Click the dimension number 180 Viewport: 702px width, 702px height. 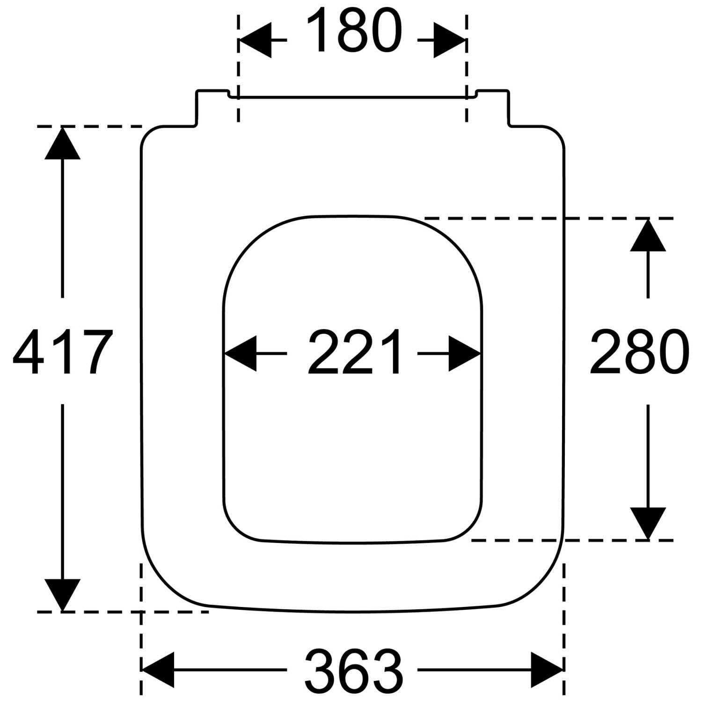(354, 30)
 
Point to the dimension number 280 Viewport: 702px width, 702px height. (639, 351)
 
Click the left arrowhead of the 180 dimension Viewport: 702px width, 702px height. (255, 40)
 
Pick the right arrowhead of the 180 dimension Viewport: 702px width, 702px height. (450, 40)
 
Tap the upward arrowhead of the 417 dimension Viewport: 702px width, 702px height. (62, 143)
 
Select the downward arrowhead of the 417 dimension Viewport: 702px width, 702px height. (62, 595)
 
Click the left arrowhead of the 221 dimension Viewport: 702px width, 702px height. (241, 353)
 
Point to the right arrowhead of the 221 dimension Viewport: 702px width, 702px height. (465, 353)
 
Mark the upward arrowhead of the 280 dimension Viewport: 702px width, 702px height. (648, 235)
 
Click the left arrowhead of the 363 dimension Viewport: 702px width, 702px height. (158, 670)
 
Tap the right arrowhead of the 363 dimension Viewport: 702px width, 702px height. (547, 670)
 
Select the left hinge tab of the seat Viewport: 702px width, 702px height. (212, 107)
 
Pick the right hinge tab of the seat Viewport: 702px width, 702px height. (492, 107)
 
